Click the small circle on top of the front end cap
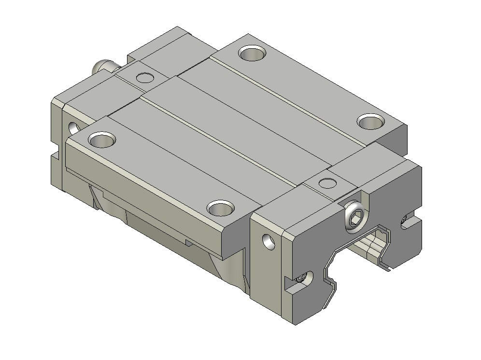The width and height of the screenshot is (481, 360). (328, 183)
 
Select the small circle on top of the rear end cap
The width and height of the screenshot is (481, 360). (144, 77)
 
